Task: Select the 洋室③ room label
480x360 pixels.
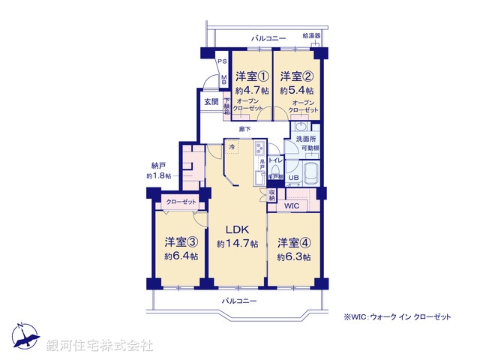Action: [x=181, y=242]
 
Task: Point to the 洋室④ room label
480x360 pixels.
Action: [x=293, y=242]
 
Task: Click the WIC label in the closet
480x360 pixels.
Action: [x=292, y=205]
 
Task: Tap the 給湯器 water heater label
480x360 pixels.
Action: [x=311, y=35]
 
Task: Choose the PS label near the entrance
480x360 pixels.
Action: [x=222, y=63]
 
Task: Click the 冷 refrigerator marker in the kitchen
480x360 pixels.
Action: [x=233, y=148]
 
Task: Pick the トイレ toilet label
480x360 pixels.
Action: [x=274, y=160]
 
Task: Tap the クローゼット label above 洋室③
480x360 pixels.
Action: [x=181, y=202]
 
